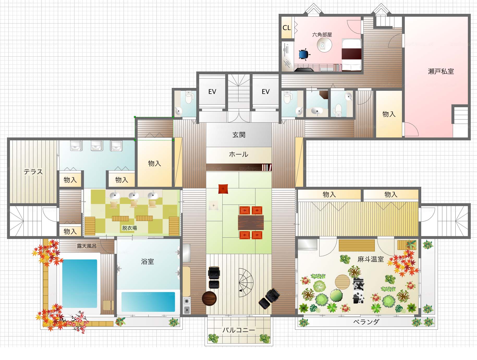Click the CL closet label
click(x=286, y=28)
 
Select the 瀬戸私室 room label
click(x=441, y=71)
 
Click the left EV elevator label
click(x=212, y=92)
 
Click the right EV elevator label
click(x=266, y=92)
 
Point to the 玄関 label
click(x=239, y=135)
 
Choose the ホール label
click(x=238, y=154)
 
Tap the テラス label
click(x=33, y=172)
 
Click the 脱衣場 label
click(x=130, y=228)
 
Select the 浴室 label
click(x=148, y=261)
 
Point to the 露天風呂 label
click(x=87, y=246)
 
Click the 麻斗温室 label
click(x=371, y=259)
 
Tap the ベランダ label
click(x=366, y=322)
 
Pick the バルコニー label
click(x=238, y=330)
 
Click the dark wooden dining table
click(x=251, y=223)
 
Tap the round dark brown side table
click(x=209, y=298)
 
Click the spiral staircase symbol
click(x=246, y=283)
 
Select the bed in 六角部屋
click(x=352, y=55)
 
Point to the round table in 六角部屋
click(x=324, y=45)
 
